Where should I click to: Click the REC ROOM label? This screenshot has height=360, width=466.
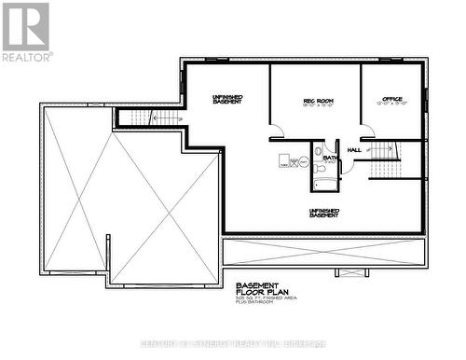coord(318,100)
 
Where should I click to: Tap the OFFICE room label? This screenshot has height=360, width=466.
coord(392,100)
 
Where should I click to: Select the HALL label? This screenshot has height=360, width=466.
coord(354,149)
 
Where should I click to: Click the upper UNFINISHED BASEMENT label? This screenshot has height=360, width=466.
coord(227,98)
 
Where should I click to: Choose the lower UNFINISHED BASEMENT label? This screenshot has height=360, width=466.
coord(323,213)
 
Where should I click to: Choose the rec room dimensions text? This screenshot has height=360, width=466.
coord(318,106)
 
